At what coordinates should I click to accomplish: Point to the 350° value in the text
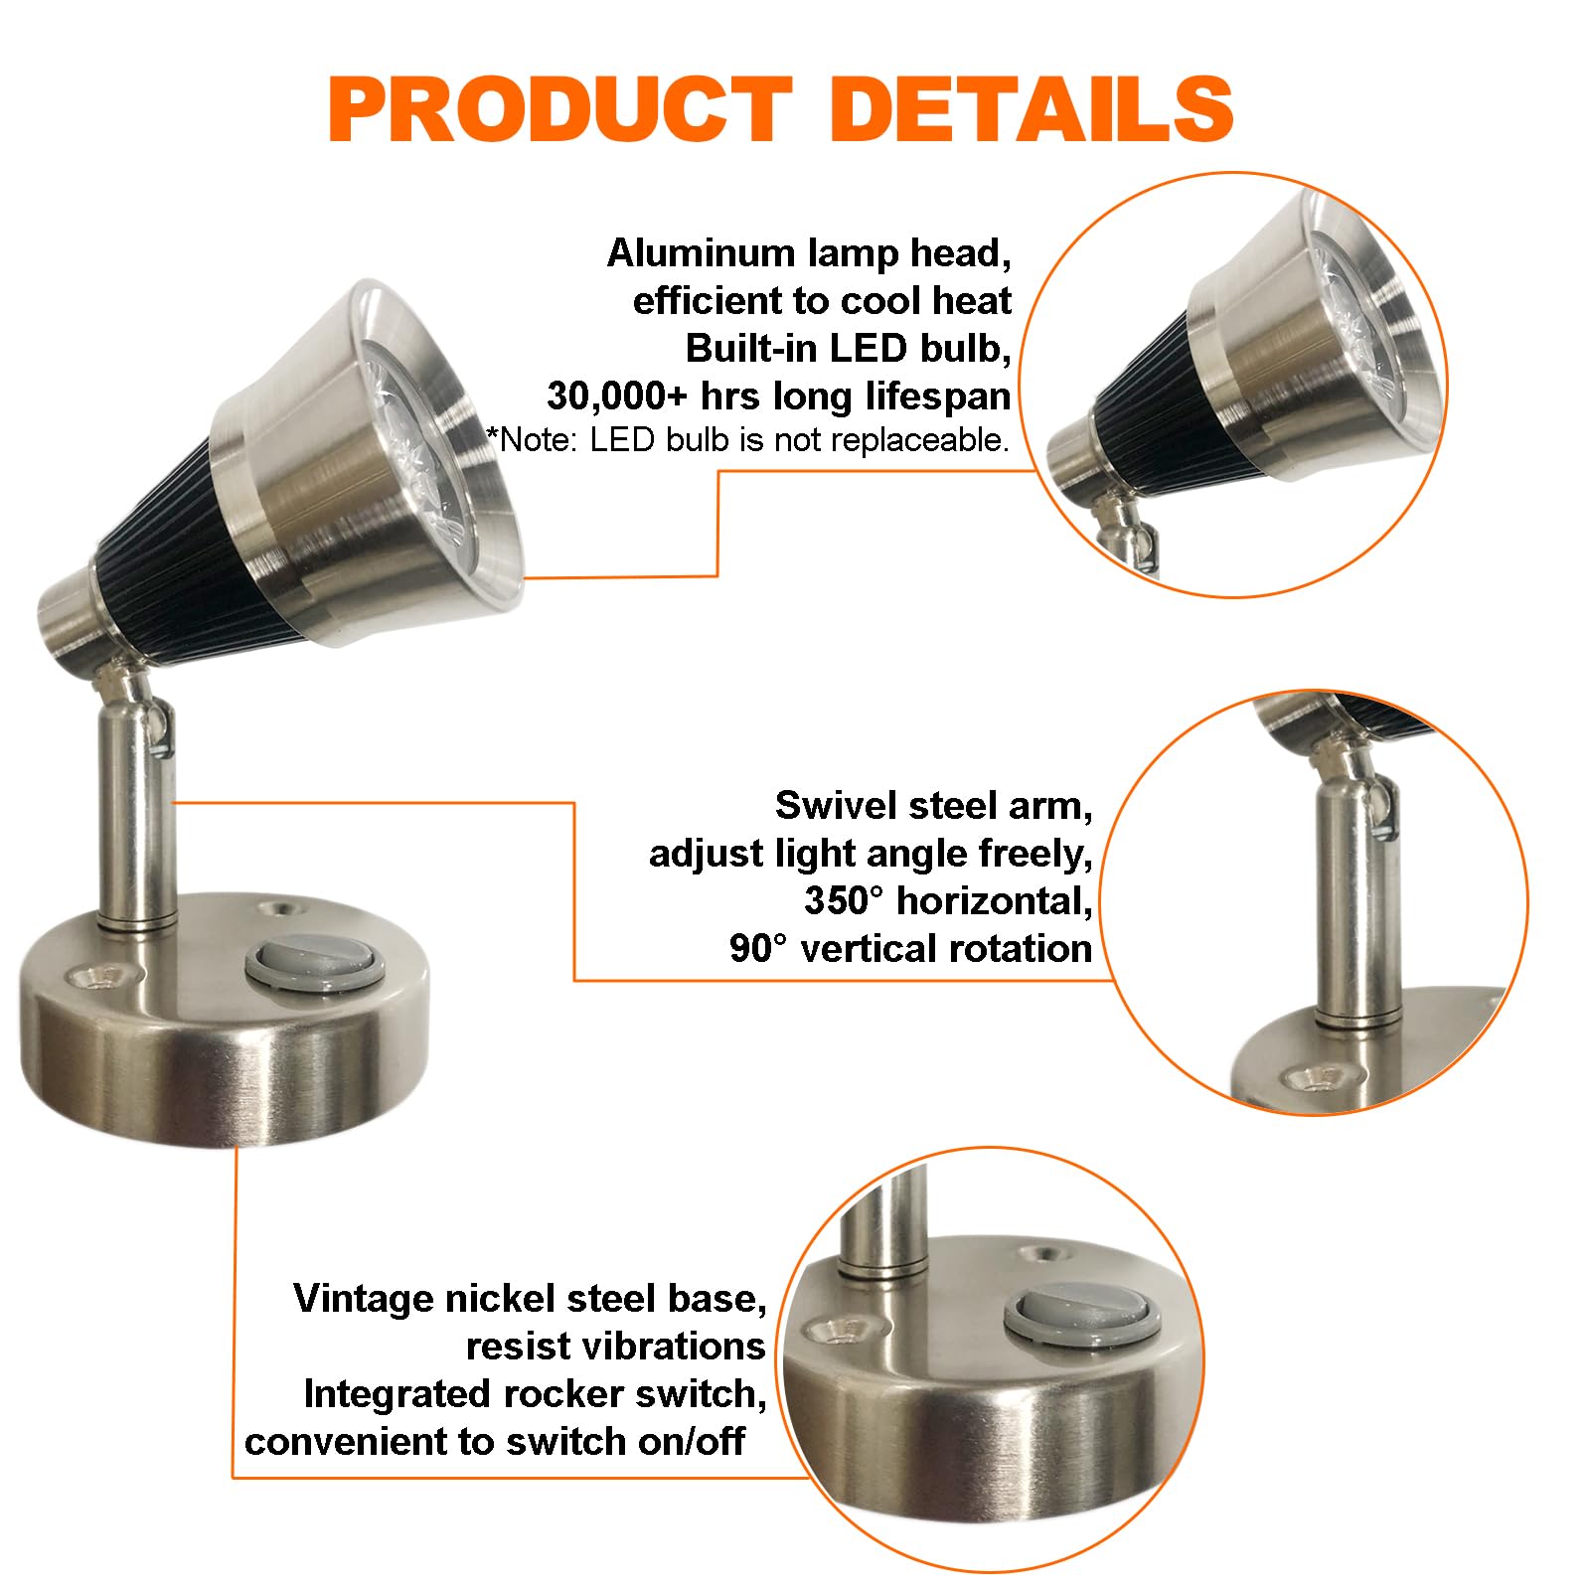coord(843,901)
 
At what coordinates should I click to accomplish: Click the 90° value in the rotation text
coord(758,949)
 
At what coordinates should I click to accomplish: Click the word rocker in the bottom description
coord(570,1394)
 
